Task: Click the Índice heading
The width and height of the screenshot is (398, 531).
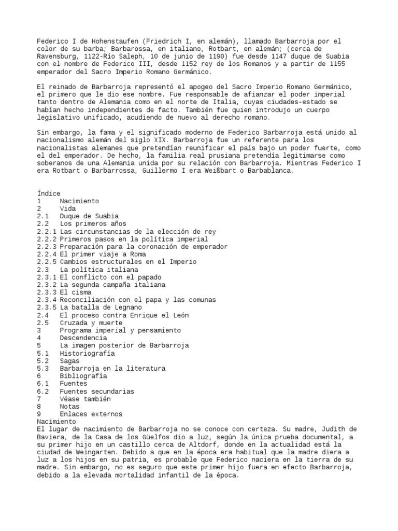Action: pyautogui.click(x=48, y=193)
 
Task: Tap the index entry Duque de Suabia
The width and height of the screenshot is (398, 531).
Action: pyautogui.click(x=89, y=216)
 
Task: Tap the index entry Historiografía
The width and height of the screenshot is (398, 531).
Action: pyautogui.click(x=87, y=353)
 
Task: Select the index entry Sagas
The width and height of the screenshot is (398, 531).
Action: pyautogui.click(x=69, y=361)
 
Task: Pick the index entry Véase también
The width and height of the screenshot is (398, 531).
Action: pyautogui.click(x=85, y=399)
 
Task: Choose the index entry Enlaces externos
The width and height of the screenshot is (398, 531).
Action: pyautogui.click(x=91, y=414)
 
